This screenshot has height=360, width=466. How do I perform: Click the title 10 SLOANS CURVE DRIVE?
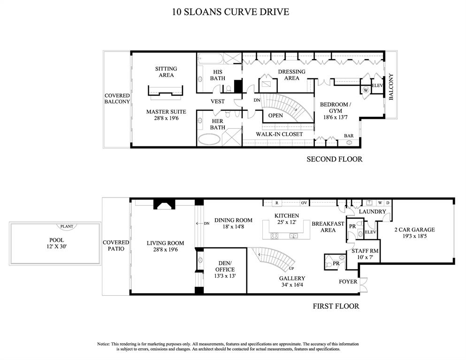point(230,11)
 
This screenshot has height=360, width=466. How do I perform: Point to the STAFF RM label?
point(365,254)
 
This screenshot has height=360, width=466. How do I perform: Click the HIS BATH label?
point(217,75)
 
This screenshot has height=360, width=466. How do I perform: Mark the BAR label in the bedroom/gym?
point(349,136)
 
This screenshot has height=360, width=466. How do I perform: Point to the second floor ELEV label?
point(377,85)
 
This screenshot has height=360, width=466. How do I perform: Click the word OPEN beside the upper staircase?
point(275,115)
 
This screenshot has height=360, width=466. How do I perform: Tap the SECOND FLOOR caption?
point(334,159)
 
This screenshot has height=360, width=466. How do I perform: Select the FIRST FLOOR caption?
point(336,306)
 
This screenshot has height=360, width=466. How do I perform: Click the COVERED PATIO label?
point(116,245)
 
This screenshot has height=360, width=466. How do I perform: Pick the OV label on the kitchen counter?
point(304,203)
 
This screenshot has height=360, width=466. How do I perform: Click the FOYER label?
point(348,282)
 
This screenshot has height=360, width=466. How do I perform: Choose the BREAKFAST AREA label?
point(328,227)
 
